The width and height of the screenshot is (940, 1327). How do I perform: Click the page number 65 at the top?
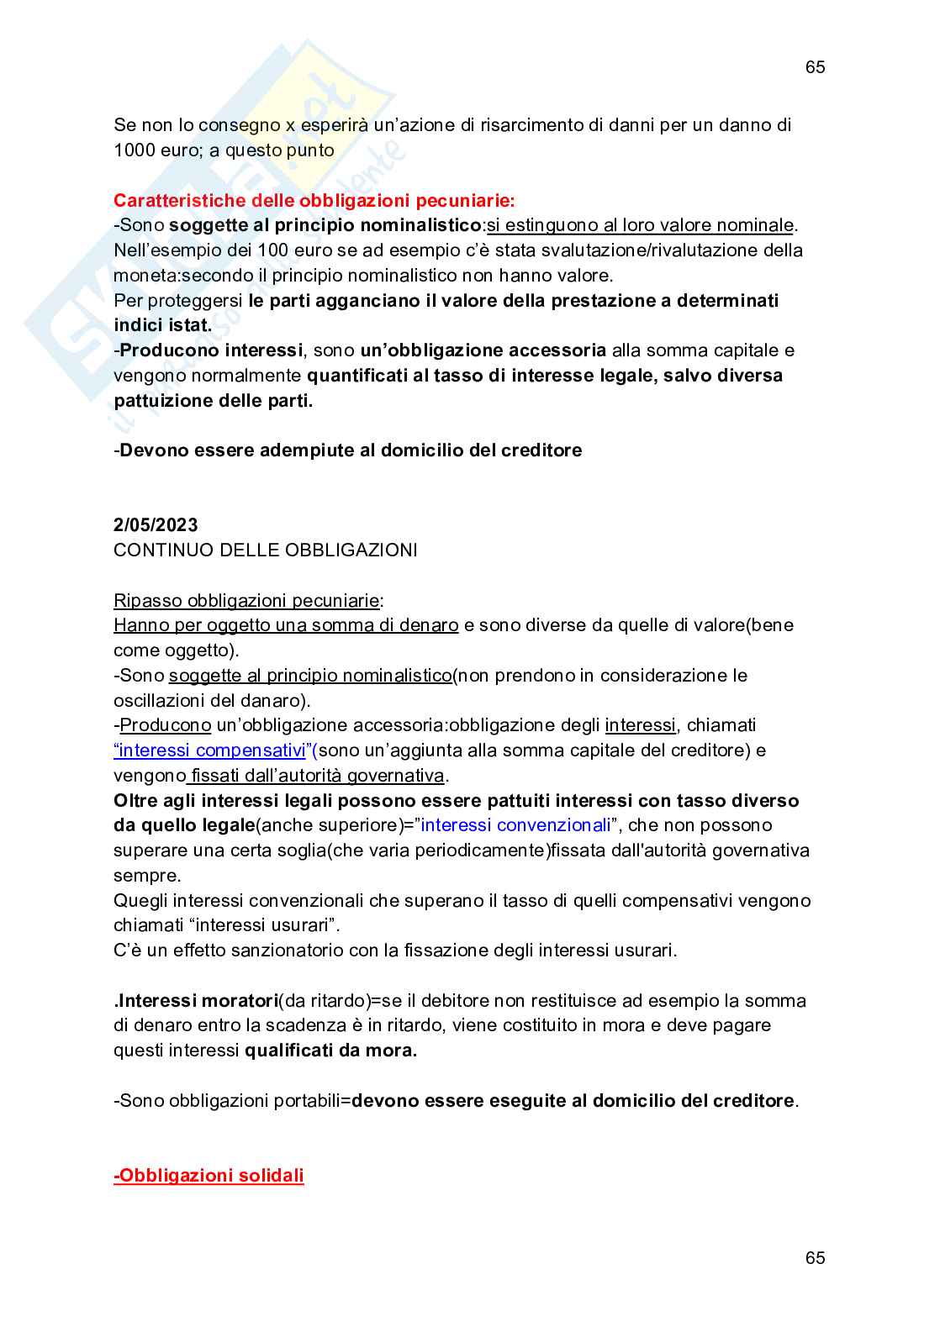click(x=815, y=68)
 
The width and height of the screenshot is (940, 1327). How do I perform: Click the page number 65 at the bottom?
click(x=815, y=1258)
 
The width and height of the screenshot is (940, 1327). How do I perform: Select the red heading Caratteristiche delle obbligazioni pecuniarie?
click(x=314, y=201)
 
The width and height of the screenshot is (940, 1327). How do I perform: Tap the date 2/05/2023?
click(x=156, y=525)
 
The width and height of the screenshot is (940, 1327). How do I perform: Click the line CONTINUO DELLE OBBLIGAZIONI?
click(x=265, y=550)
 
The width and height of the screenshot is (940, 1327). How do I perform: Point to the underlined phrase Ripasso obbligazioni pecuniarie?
click(x=246, y=601)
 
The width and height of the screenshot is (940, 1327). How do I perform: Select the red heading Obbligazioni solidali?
click(x=209, y=1176)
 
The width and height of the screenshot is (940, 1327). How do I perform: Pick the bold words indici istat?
click(x=162, y=325)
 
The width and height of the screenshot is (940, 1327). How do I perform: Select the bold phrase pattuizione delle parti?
click(x=213, y=401)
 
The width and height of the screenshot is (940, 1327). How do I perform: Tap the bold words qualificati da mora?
click(x=330, y=1051)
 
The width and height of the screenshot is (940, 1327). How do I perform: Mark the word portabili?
click(x=306, y=1101)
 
